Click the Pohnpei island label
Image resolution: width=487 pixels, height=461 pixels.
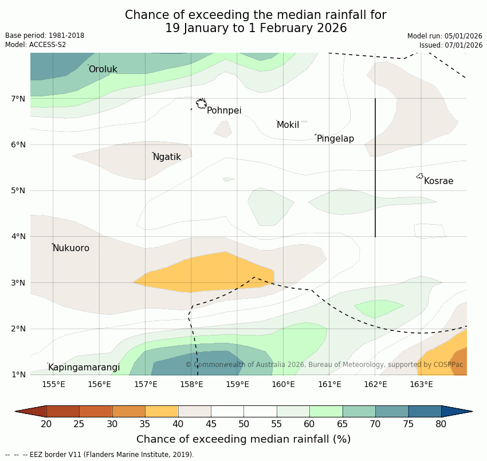point(224,111)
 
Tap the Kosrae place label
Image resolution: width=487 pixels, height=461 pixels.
point(438,181)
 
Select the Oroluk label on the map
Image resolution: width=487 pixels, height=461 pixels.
point(103,69)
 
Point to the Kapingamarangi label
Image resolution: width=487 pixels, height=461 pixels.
point(84,368)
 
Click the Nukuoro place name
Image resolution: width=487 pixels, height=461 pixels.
point(71,248)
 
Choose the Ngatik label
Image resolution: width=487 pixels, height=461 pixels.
point(167,157)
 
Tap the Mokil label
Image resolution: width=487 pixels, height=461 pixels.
point(288,125)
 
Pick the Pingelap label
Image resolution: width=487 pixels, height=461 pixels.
point(335,139)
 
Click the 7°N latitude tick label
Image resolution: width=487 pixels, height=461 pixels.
point(18,99)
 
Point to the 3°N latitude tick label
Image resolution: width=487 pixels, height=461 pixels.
point(18,283)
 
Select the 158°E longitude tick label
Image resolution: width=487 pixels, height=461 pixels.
point(191,384)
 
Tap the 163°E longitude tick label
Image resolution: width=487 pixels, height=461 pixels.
point(421,384)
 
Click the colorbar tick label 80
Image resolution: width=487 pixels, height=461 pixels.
point(441,424)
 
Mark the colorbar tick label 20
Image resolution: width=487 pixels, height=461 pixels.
point(46,424)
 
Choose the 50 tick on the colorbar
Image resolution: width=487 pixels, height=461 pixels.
point(244,424)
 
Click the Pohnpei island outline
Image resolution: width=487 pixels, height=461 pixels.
point(201,104)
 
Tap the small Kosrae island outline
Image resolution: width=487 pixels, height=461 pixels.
point(420,176)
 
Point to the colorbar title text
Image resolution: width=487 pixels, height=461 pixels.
point(244,439)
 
